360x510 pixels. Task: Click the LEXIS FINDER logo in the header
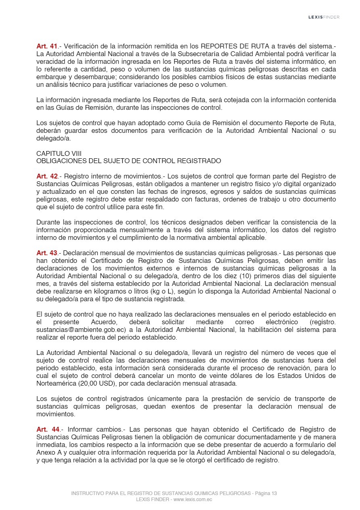click(x=324, y=17)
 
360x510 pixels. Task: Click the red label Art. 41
click(x=47, y=46)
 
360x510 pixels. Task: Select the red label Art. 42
click(x=47, y=176)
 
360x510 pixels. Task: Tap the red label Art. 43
click(x=47, y=253)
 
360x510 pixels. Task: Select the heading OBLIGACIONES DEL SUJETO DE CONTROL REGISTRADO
click(x=128, y=161)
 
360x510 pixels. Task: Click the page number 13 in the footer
click(x=274, y=493)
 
